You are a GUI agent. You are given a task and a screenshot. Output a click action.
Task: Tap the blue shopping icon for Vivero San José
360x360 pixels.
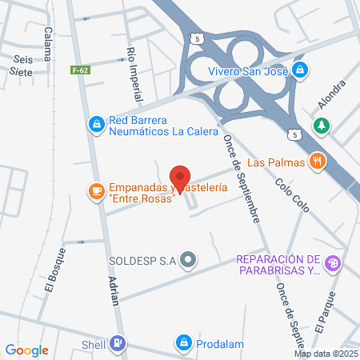coord(299,70)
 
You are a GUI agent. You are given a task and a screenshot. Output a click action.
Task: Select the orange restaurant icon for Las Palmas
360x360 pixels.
coord(318,162)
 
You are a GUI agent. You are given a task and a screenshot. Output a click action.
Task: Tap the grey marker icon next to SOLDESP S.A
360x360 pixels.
coord(189,259)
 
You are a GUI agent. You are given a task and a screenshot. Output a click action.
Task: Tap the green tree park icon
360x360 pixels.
coord(322,125)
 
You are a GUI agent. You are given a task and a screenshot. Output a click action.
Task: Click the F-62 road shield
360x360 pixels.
coord(79,70)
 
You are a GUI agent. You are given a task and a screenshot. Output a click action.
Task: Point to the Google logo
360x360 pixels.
coord(26,350)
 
